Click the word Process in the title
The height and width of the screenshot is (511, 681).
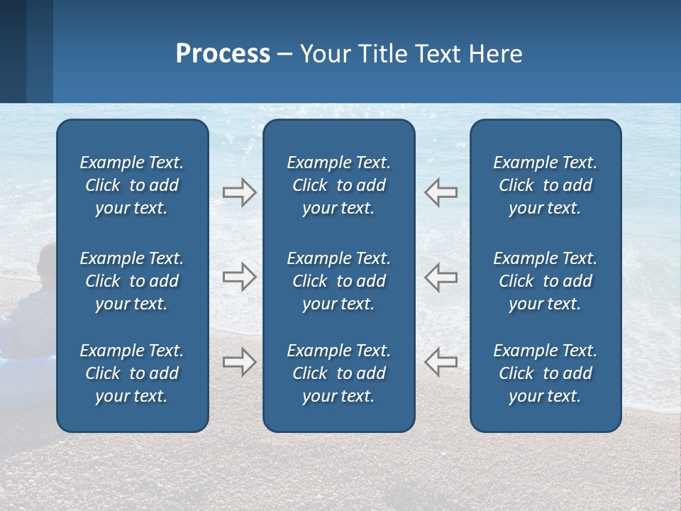tap(223, 54)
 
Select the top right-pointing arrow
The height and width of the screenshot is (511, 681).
tap(239, 192)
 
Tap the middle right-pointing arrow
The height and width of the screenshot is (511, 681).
tap(239, 277)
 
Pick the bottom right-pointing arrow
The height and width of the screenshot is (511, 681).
tap(239, 362)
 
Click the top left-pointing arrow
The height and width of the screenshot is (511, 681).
tap(441, 192)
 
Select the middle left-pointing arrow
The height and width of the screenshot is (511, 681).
tap(441, 277)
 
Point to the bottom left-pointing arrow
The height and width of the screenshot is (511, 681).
tap(441, 362)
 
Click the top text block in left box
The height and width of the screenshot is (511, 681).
tap(132, 185)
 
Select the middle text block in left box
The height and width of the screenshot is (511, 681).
tap(132, 281)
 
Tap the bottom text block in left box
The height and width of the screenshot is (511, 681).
tap(132, 373)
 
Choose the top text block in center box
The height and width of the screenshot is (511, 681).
tap(338, 185)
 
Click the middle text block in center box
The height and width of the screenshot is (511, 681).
tap(338, 281)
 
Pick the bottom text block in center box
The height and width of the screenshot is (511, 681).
tap(338, 373)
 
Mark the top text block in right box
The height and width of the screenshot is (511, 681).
tap(545, 185)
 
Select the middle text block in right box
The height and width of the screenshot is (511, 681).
tap(545, 281)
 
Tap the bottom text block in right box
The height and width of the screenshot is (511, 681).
tap(545, 373)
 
